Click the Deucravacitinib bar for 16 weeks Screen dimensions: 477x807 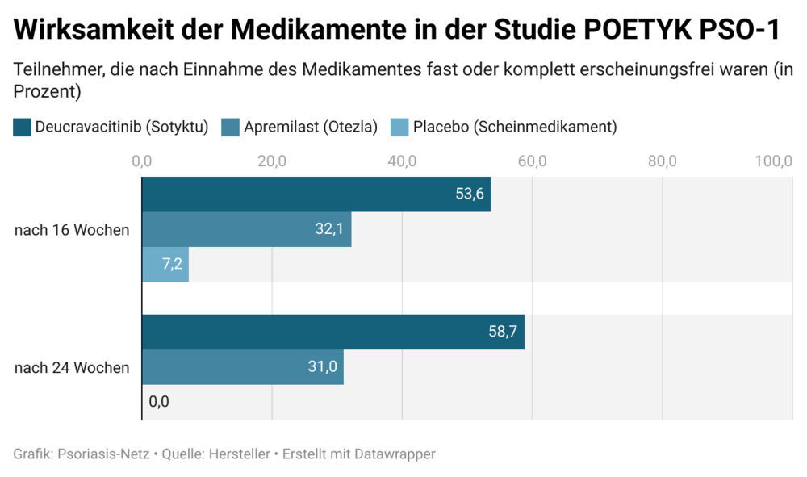(x=315, y=195)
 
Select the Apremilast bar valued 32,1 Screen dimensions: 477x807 (x=246, y=229)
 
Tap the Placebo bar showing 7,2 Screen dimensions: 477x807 (x=165, y=264)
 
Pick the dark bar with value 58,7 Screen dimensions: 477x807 (x=332, y=333)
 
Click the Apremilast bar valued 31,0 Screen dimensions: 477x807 (x=242, y=367)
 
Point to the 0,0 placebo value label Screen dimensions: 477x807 (x=159, y=401)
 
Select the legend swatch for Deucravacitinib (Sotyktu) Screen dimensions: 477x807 (x=23, y=127)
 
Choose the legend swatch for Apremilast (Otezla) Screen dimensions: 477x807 (x=230, y=127)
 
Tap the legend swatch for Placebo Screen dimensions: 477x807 (x=399, y=127)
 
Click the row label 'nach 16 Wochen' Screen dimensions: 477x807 (x=72, y=230)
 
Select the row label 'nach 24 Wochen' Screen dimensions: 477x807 (x=72, y=368)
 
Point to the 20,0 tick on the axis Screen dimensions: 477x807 (x=272, y=161)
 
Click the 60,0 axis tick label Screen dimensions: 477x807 (x=532, y=161)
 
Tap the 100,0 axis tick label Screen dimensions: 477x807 (x=773, y=161)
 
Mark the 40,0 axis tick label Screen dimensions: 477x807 (x=402, y=161)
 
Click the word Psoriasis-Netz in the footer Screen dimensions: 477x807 (x=103, y=454)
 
